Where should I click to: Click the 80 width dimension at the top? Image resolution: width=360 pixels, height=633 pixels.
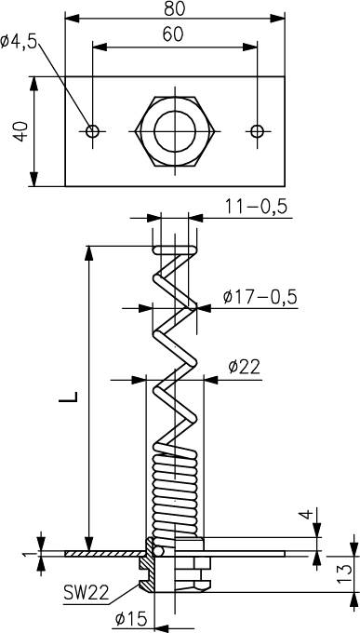click(175, 8)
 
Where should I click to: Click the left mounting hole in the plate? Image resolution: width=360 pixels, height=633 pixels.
click(92, 131)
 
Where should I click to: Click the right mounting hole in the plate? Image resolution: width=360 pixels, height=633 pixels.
click(258, 131)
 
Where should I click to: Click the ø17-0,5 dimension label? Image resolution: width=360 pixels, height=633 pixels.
click(260, 297)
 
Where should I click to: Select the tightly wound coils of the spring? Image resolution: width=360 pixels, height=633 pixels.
click(174, 484)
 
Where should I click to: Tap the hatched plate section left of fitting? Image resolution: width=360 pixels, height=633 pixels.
click(102, 553)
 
